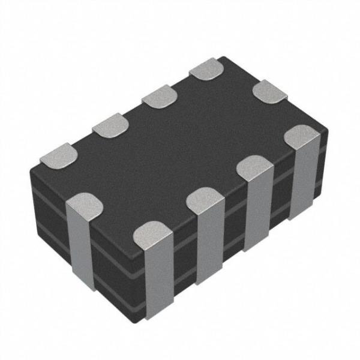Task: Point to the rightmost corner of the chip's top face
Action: pos(328,127)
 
